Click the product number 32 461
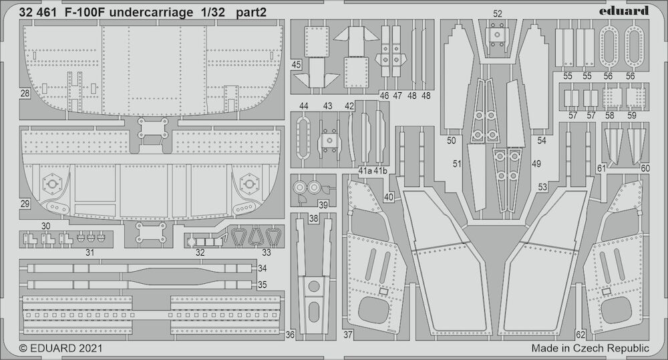(x=38, y=13)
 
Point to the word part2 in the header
(x=253, y=13)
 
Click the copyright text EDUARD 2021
(x=61, y=348)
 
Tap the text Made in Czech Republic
(x=590, y=348)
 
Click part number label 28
(x=25, y=93)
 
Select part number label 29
(x=25, y=204)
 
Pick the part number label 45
(x=296, y=65)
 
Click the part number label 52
(x=498, y=13)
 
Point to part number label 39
(x=323, y=205)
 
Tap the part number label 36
(x=290, y=335)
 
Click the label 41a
(x=365, y=171)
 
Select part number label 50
(x=452, y=140)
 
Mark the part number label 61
(x=601, y=169)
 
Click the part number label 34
(x=263, y=268)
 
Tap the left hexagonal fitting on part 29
(x=52, y=184)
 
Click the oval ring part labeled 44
(x=303, y=137)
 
